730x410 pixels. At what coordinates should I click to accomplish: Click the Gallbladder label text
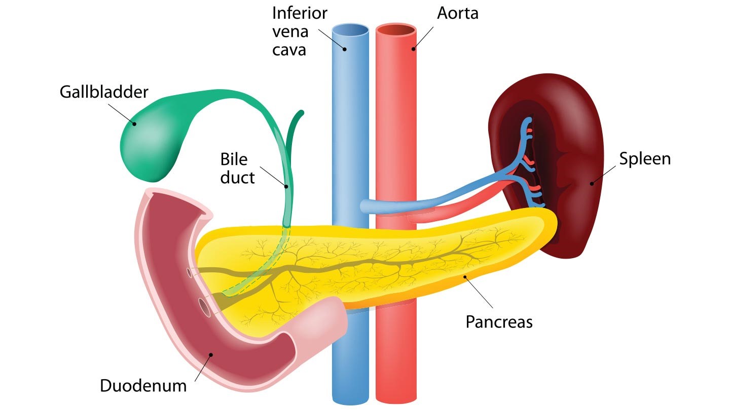tap(104, 92)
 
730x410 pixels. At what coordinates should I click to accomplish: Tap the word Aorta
tap(458, 13)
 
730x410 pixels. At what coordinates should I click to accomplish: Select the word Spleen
tap(645, 158)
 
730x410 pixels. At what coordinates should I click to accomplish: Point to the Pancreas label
tap(499, 321)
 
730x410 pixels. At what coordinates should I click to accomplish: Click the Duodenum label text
tap(143, 386)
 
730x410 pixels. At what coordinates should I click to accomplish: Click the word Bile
tap(234, 159)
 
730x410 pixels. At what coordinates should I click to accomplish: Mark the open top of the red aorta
tap(396, 30)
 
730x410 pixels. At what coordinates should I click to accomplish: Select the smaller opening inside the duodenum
tap(190, 273)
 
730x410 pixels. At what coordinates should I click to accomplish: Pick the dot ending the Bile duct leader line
tap(286, 186)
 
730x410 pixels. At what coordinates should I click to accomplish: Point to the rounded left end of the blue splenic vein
tap(363, 206)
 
